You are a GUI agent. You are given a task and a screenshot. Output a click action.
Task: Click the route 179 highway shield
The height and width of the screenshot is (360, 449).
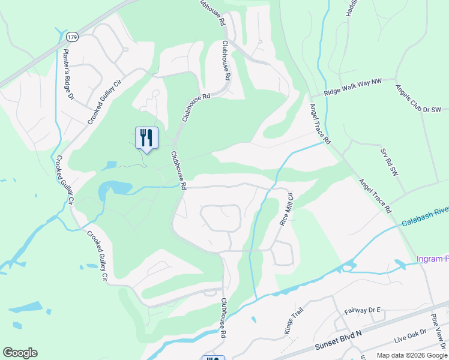click(x=72, y=37)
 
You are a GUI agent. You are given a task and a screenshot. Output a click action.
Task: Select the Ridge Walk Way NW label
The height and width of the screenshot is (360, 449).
click(x=353, y=89)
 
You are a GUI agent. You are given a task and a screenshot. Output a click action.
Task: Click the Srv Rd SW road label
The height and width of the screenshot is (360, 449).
click(x=385, y=161)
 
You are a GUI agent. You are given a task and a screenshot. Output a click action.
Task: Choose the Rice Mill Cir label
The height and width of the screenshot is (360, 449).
click(x=286, y=209)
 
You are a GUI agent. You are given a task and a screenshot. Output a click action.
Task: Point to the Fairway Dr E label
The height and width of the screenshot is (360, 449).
click(x=362, y=310)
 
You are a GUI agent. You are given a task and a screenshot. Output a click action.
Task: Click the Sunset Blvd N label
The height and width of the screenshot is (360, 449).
click(x=340, y=340)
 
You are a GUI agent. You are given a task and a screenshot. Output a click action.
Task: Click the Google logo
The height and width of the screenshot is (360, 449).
click(x=20, y=353)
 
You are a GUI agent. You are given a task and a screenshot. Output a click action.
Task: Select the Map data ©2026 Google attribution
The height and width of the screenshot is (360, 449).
click(x=412, y=355)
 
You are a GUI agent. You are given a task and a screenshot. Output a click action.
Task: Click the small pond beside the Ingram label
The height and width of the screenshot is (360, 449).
click(x=399, y=263)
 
